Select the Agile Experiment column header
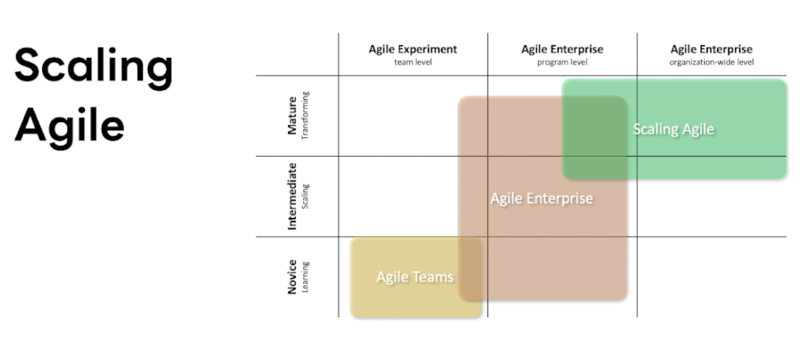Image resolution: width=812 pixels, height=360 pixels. [413, 49]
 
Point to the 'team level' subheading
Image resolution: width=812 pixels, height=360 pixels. [413, 62]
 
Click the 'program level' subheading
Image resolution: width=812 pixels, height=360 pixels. [562, 62]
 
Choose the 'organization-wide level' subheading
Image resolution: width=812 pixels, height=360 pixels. [711, 62]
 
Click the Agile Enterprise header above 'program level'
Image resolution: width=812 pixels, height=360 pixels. [562, 49]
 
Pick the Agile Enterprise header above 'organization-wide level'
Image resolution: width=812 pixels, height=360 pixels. [711, 49]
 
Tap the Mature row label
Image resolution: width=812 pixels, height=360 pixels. [292, 116]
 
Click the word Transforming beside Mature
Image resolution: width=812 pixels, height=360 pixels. [305, 116]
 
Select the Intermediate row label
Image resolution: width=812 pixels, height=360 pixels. [292, 196]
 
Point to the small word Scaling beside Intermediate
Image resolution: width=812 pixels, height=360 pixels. [305, 196]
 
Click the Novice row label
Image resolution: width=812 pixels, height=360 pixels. [292, 277]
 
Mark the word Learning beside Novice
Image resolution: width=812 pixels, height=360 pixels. [305, 277]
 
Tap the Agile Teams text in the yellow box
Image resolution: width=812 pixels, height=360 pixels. [415, 277]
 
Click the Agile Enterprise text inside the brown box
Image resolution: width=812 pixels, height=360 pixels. [541, 199]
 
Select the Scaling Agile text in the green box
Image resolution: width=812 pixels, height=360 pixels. [674, 130]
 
